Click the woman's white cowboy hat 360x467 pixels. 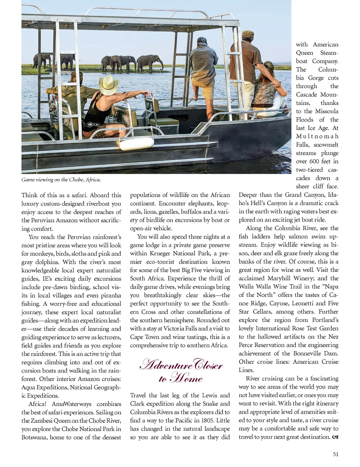pos(108,84)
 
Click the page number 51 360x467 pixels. pos(336,454)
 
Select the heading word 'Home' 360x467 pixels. pos(186,378)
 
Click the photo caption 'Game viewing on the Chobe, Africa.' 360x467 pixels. pos(61,180)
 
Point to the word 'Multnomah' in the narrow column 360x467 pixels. pos(317,136)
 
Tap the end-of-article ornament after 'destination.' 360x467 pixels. pos(335,437)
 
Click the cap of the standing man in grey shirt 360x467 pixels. pos(202,41)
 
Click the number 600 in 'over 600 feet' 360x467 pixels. pos(314,161)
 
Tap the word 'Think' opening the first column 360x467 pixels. pos(30,195)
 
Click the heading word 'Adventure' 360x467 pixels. pos(166,365)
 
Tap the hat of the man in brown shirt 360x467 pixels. pos(248,34)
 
